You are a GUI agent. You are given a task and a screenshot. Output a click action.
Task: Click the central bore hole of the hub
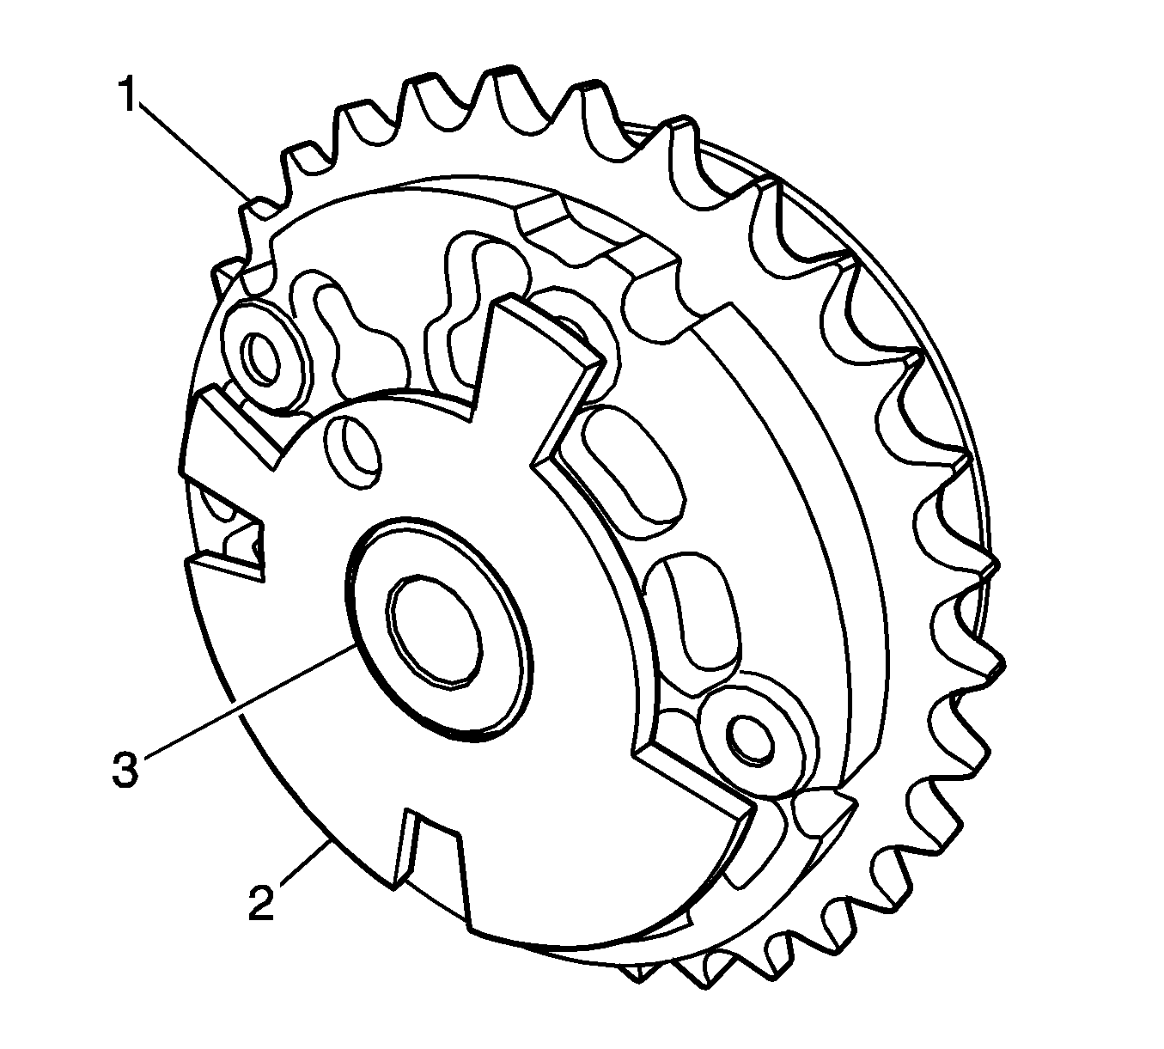click(434, 630)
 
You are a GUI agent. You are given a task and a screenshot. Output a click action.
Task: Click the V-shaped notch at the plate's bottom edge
click(430, 846)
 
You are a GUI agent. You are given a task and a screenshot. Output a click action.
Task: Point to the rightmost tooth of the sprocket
click(988, 571)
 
